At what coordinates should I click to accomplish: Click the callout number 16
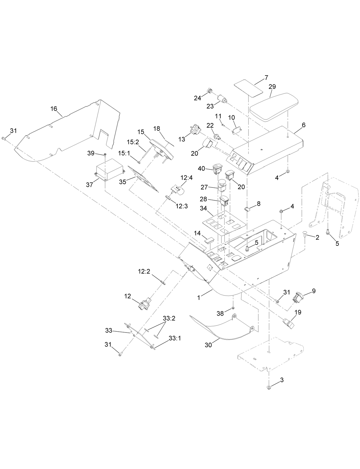click(x=54, y=108)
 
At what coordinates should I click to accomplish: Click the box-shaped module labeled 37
click(x=110, y=171)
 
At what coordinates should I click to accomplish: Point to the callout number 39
click(x=91, y=153)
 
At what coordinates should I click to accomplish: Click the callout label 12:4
click(x=186, y=178)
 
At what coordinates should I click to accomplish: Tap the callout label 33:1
click(x=175, y=338)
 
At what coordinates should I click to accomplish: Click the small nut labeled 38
click(x=233, y=308)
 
